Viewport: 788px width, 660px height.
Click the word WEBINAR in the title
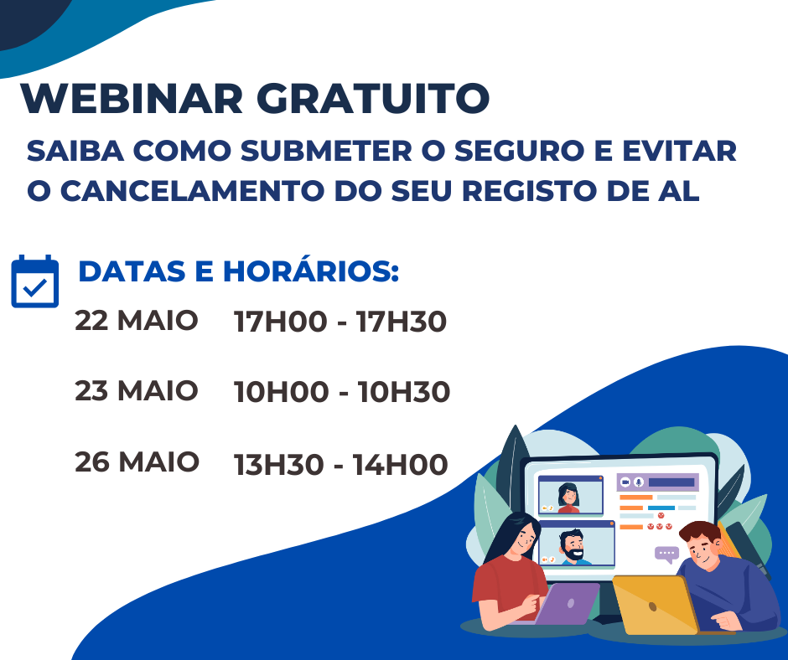pyautogui.click(x=132, y=98)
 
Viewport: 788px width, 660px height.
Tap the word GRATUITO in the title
pyautogui.click(x=373, y=98)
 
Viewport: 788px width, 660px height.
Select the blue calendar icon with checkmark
pyautogui.click(x=34, y=281)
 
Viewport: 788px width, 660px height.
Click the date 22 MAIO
pyautogui.click(x=136, y=321)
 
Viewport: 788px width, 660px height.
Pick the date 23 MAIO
pyautogui.click(x=136, y=391)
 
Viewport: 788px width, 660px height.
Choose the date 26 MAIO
pyautogui.click(x=137, y=462)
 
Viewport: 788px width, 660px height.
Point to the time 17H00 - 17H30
pyautogui.click(x=340, y=322)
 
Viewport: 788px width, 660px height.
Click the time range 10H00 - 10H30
pyautogui.click(x=342, y=392)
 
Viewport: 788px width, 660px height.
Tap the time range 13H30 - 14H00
pyautogui.click(x=340, y=465)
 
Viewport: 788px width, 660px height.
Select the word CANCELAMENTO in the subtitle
pyautogui.click(x=192, y=191)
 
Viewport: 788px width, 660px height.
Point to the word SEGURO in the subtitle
pyautogui.click(x=519, y=151)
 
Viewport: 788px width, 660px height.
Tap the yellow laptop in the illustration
pyautogui.click(x=656, y=605)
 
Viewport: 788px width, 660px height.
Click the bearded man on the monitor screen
pyautogui.click(x=573, y=546)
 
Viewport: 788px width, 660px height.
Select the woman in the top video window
pyautogui.click(x=569, y=498)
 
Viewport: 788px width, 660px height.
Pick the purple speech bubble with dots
pyautogui.click(x=667, y=554)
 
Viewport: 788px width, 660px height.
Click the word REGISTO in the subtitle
pyautogui.click(x=529, y=191)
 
